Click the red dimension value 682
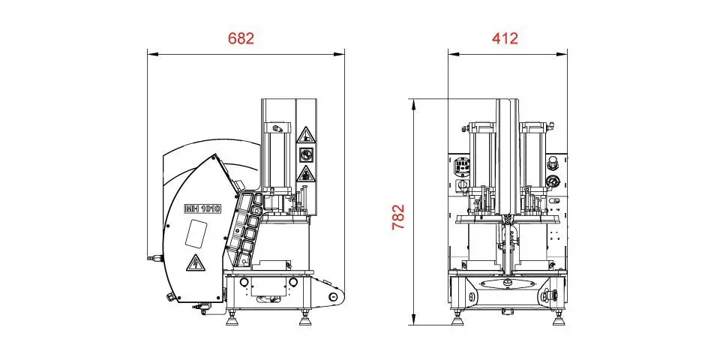click(x=241, y=38)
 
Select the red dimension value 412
click(x=505, y=38)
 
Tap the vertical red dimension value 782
click(x=398, y=217)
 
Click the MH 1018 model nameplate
click(x=202, y=208)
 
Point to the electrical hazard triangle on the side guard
click(x=195, y=262)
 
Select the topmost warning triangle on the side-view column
click(x=306, y=136)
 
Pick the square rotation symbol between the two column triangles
click(x=306, y=155)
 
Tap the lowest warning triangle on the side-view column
click(x=306, y=175)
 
